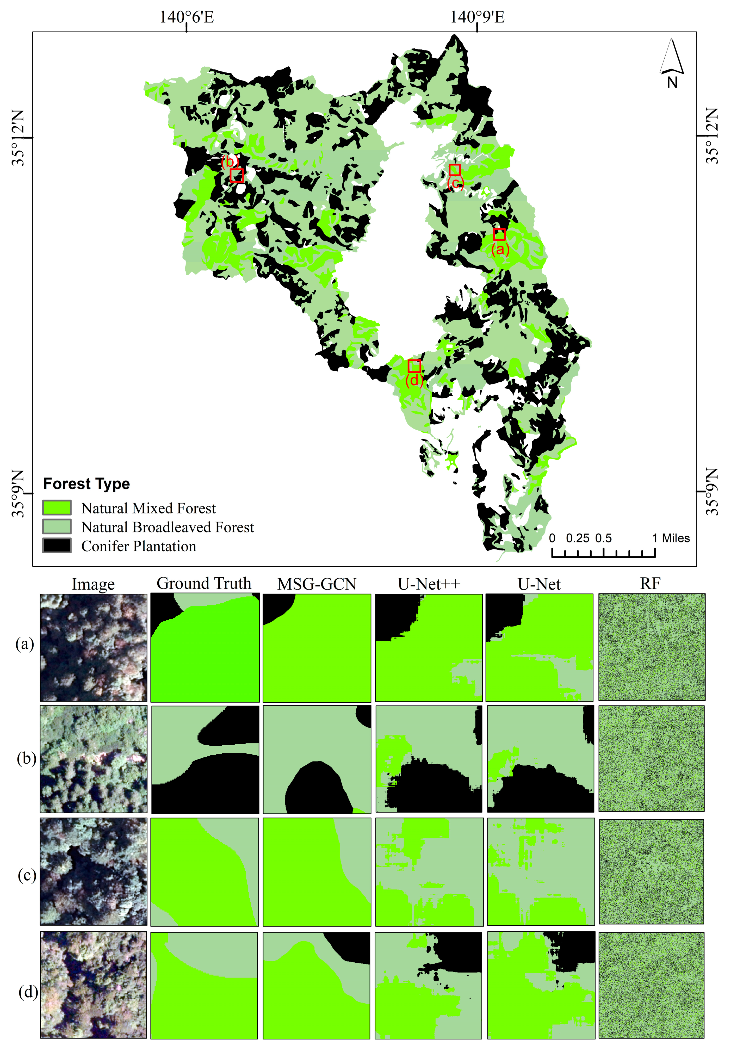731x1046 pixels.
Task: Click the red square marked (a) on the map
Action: pyautogui.click(x=499, y=235)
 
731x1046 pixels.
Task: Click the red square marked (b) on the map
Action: pyautogui.click(x=236, y=175)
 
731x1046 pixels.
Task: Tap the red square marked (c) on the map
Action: pyautogui.click(x=455, y=170)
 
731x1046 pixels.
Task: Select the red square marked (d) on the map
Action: pyautogui.click(x=414, y=366)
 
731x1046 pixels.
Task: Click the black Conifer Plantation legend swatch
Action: pyautogui.click(x=57, y=545)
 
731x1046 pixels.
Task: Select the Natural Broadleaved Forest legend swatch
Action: pyautogui.click(x=57, y=527)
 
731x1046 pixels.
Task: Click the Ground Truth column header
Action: pyautogui.click(x=204, y=583)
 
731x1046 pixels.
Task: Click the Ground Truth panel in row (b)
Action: pyautogui.click(x=205, y=759)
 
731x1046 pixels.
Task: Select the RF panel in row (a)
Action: pyautogui.click(x=651, y=647)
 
